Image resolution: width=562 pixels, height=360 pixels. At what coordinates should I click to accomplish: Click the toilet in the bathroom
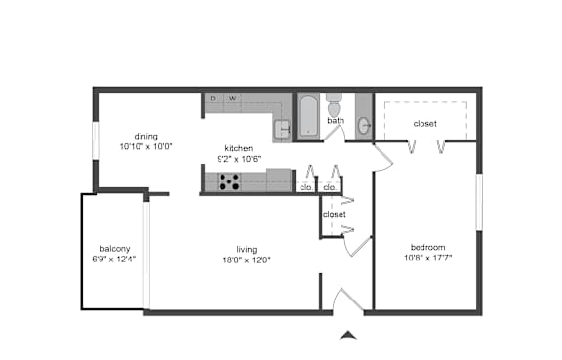coord(335,105)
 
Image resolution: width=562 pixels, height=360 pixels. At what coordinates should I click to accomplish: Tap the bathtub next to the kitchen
coord(308,115)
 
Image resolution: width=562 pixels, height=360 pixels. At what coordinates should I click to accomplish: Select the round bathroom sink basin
coord(364,126)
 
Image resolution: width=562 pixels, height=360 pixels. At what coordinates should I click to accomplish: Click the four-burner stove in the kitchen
coord(229,181)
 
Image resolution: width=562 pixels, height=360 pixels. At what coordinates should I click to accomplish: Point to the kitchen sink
coord(282,130)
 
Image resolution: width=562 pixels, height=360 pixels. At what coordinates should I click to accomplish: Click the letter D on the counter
coord(213,99)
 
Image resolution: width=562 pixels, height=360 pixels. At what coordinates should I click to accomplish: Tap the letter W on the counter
coord(233,99)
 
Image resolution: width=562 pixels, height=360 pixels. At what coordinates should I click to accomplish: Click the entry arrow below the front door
coord(348,336)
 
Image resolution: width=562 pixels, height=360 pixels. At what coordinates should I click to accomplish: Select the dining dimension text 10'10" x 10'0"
coord(146,146)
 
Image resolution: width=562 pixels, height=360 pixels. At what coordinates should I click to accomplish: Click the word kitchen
coord(239,148)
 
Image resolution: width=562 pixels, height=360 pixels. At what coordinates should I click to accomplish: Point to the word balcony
coord(115,249)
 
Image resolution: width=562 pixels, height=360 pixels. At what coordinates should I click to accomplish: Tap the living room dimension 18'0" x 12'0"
coord(247,260)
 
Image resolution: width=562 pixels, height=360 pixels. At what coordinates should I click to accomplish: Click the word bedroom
coord(428,247)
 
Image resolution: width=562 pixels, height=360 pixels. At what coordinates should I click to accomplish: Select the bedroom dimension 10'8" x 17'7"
coord(428,258)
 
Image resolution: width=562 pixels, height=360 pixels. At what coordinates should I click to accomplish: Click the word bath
coord(336,120)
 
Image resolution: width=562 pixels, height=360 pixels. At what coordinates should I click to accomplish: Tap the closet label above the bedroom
coord(425,124)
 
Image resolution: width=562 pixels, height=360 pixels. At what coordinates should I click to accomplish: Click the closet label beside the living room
coord(335,214)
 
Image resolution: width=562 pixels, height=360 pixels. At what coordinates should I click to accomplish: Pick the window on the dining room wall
coord(96,140)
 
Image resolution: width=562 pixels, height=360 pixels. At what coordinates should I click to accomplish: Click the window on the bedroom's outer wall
coord(479,202)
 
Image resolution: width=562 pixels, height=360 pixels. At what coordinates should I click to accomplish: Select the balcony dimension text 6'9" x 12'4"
coord(114,260)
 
